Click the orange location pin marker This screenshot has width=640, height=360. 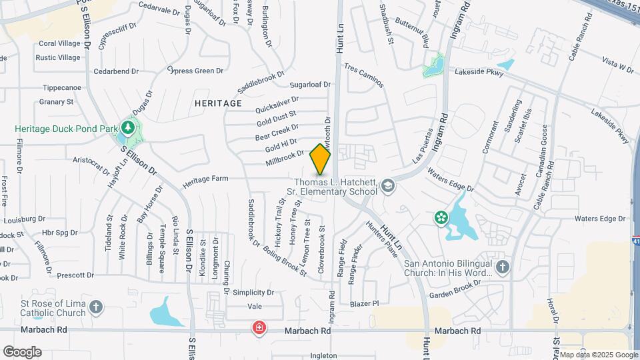click(x=321, y=159)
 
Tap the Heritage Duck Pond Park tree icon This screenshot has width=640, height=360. click(x=127, y=127)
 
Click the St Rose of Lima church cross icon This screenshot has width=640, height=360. click(x=96, y=307)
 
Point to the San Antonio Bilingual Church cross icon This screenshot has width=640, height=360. click(x=503, y=267)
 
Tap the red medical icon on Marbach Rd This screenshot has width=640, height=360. click(x=259, y=328)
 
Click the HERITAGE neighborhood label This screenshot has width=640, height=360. click(x=218, y=103)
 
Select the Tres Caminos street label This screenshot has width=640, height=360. click(x=363, y=76)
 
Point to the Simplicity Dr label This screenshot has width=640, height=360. click(x=253, y=293)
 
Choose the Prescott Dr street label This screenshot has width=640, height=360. click(x=75, y=275)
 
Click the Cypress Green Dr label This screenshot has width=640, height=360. click(x=195, y=71)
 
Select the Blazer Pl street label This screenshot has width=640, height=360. click(x=366, y=303)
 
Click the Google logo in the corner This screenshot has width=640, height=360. click(x=22, y=351)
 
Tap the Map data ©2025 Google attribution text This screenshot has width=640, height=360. click(x=598, y=355)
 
